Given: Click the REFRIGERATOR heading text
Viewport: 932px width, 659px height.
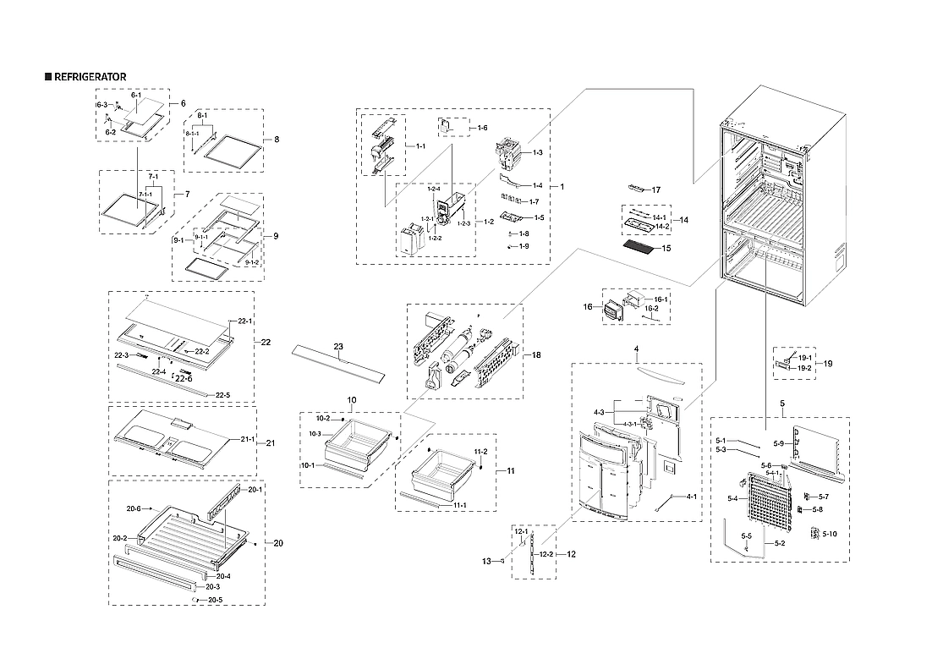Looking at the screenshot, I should [90, 77].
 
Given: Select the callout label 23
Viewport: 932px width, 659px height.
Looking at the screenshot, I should [338, 346].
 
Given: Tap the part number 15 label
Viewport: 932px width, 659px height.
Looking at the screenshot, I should [666, 249].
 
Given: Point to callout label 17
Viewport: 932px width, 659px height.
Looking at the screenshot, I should [655, 189].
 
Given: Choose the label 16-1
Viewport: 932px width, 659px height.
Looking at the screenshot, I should [660, 299].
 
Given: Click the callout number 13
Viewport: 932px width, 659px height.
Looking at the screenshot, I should [487, 560].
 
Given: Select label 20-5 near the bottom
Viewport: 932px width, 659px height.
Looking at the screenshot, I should [216, 600].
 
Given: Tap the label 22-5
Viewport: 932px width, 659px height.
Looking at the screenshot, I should [222, 395].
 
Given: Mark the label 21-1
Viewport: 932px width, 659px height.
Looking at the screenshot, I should [247, 439].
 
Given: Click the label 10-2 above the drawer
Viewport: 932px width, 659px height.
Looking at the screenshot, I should [323, 418].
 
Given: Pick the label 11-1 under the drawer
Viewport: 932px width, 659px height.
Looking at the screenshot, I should [460, 505].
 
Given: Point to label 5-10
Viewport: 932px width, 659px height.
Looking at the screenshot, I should [830, 534].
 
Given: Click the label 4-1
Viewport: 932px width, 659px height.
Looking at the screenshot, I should [691, 497].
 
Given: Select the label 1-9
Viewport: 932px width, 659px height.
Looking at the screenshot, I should [524, 245].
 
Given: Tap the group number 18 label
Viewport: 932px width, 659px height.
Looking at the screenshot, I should [536, 355].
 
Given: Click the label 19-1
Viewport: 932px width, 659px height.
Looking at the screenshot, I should [805, 357].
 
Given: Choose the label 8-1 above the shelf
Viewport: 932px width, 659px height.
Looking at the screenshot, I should [202, 114].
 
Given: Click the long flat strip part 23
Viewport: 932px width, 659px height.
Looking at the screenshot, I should [337, 362].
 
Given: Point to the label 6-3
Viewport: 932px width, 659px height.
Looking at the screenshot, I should [101, 104].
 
